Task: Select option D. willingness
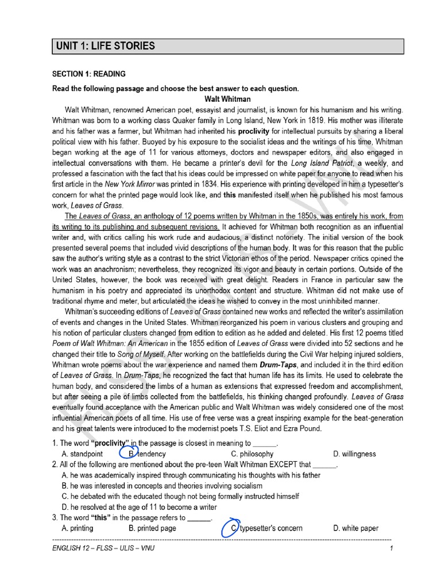coord(354,454)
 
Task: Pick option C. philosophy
coord(252,454)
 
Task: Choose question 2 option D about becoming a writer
coord(138,507)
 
